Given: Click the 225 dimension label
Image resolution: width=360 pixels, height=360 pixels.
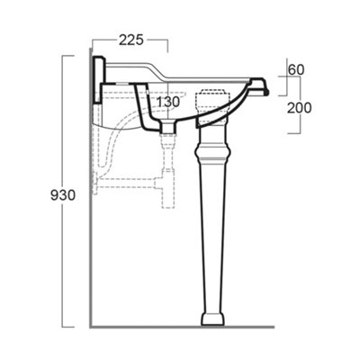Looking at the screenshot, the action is (x=131, y=40).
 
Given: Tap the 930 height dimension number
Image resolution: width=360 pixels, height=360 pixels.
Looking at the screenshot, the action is (x=63, y=195).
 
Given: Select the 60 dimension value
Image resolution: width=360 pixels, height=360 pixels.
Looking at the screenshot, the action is (x=296, y=70).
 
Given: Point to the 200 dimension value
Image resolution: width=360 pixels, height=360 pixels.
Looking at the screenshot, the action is (x=300, y=108).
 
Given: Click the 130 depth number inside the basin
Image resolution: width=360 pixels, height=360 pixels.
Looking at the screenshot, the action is (x=168, y=103).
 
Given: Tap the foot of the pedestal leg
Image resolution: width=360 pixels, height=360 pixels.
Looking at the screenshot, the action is (x=212, y=319).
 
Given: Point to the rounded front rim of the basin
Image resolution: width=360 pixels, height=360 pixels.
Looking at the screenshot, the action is (x=260, y=86).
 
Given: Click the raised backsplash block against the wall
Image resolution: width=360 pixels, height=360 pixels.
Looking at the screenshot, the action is (x=98, y=79).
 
